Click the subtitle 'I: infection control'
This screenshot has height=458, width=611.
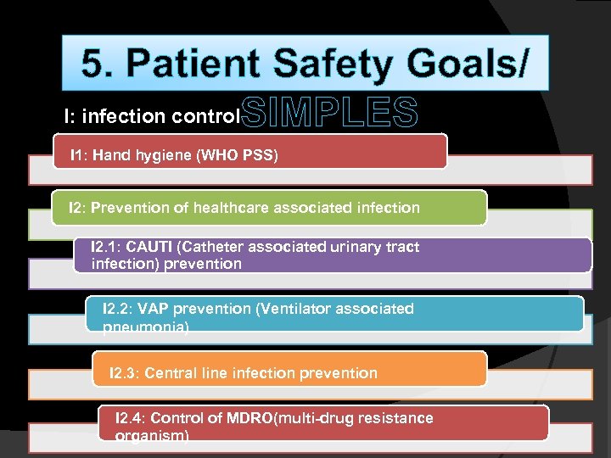(x=153, y=115)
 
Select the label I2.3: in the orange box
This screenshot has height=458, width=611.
(x=126, y=373)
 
